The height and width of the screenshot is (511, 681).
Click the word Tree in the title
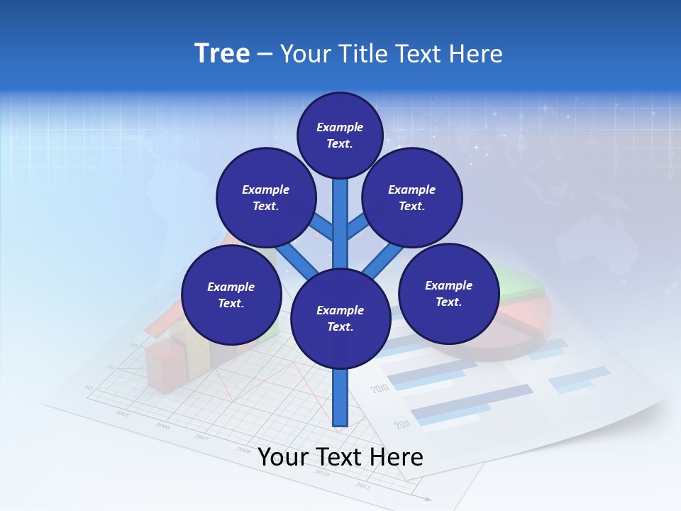(x=222, y=54)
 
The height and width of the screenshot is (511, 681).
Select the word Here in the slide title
(x=475, y=54)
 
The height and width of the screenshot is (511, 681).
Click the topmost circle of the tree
(x=340, y=135)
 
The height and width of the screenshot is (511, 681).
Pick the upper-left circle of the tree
(x=265, y=197)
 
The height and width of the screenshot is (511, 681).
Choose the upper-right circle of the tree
(x=412, y=197)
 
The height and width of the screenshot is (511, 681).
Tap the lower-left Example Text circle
(x=231, y=295)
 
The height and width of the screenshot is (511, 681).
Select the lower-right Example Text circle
(x=449, y=293)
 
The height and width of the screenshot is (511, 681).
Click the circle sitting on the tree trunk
(x=340, y=318)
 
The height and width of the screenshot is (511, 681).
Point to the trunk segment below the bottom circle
(x=340, y=397)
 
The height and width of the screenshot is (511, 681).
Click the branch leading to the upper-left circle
(x=322, y=228)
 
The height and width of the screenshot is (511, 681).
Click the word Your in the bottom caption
(x=283, y=457)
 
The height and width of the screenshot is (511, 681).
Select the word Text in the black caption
(x=340, y=457)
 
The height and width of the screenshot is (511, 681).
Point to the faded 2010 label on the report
(x=380, y=389)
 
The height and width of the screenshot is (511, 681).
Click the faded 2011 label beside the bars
(x=403, y=424)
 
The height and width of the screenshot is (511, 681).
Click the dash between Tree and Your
(x=264, y=54)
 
